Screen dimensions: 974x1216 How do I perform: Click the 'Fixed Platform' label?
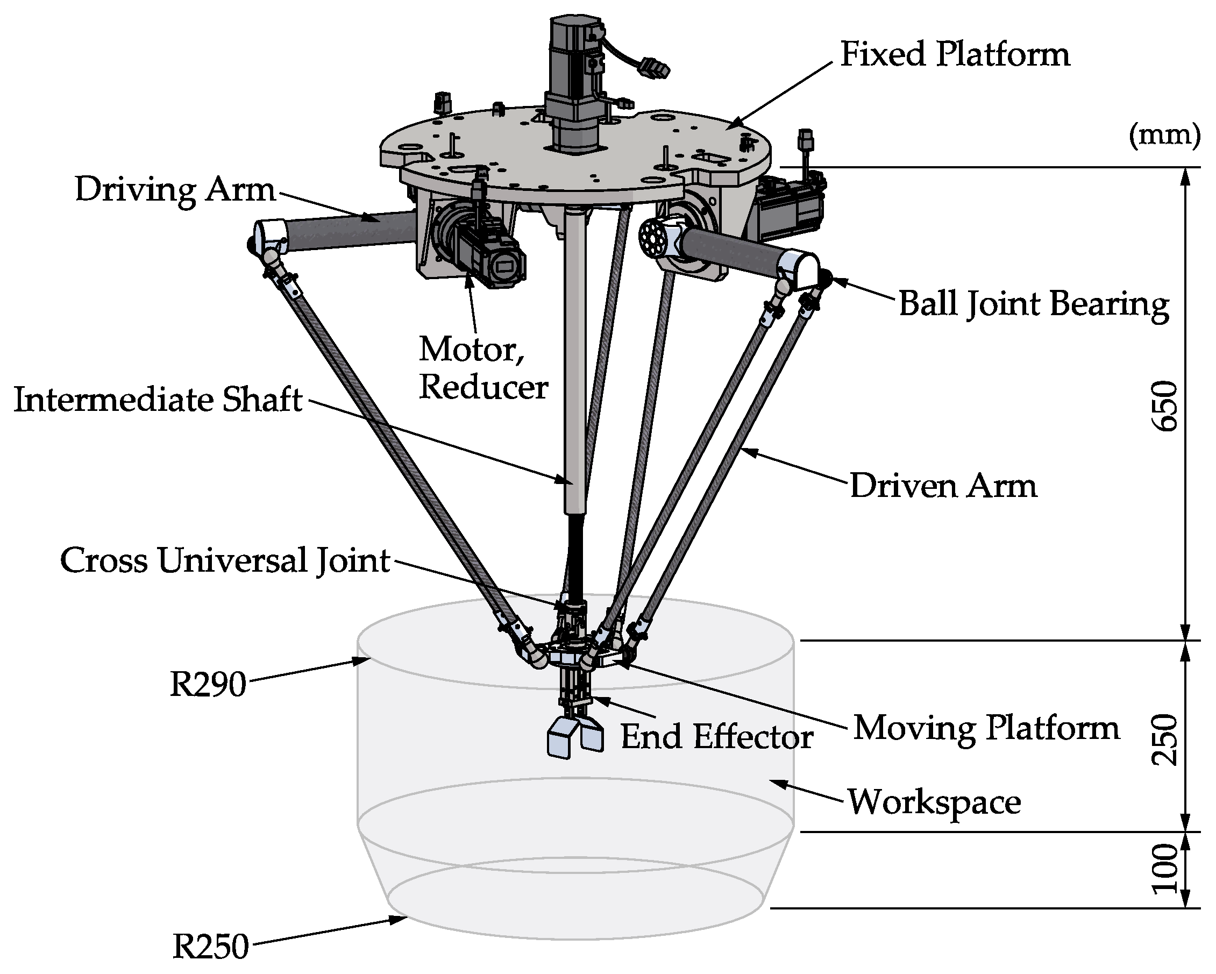954,55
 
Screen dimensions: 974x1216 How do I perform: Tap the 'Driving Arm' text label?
175,189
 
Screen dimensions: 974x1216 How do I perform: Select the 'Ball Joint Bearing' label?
1033,304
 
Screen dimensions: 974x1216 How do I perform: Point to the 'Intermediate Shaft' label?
158,400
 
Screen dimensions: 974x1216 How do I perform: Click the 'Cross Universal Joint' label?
225,560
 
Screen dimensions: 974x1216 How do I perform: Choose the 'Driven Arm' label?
943,486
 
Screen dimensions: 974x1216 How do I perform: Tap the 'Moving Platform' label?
986,728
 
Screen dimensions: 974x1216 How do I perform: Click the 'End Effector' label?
716,737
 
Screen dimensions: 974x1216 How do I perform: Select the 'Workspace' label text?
934,801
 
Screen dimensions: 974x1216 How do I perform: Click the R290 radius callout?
208,685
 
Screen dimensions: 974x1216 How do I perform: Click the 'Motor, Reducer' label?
483,368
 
